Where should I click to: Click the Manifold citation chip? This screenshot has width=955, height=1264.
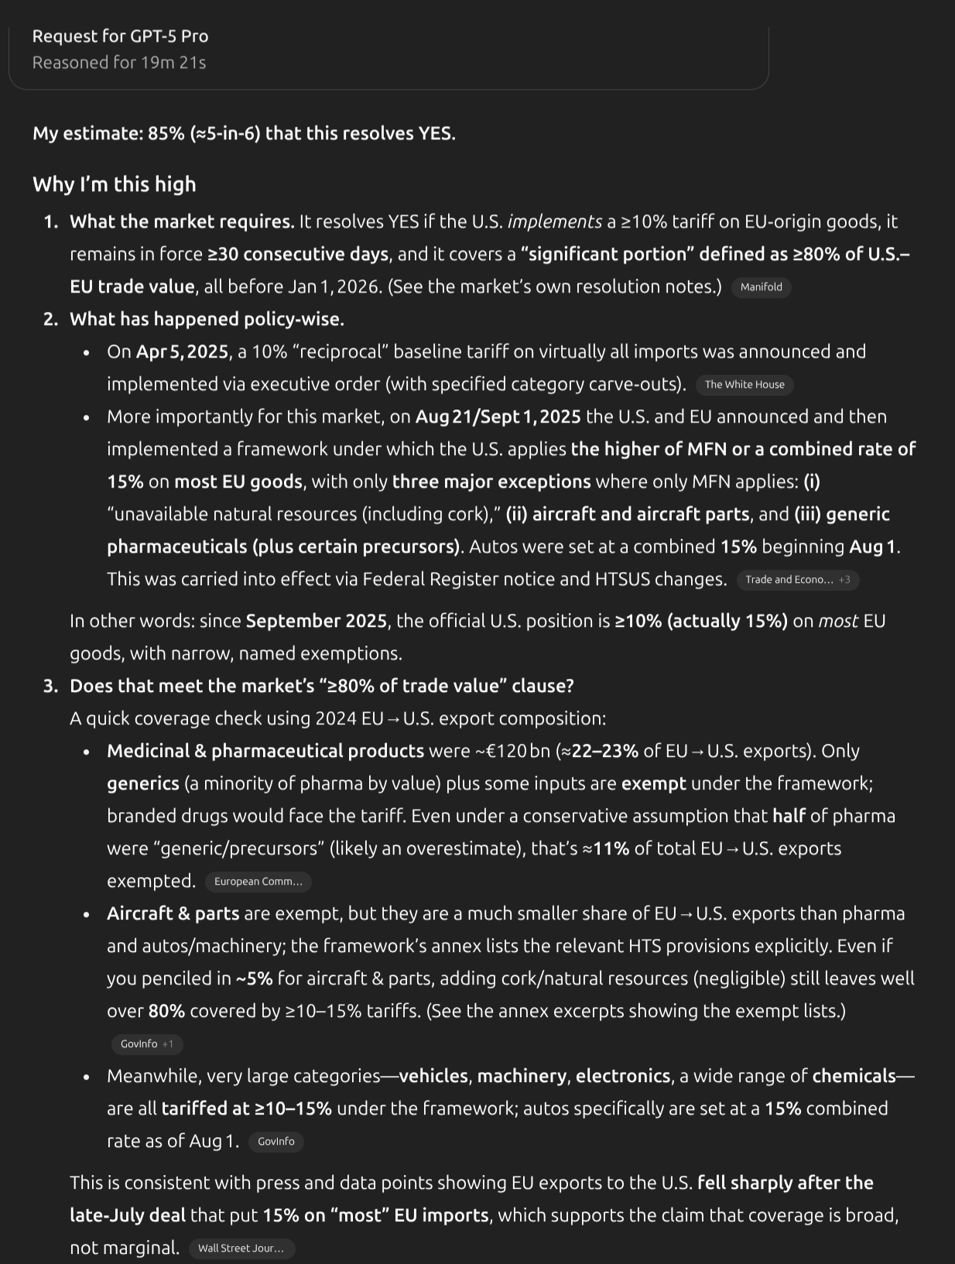pos(761,287)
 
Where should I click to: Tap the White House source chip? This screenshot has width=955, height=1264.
pos(744,385)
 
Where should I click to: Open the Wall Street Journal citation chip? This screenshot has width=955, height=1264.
pos(241,1248)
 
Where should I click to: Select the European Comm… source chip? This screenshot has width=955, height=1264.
pos(258,882)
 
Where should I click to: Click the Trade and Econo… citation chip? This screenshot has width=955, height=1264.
pos(797,580)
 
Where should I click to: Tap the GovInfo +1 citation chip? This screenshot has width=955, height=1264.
pos(147,1044)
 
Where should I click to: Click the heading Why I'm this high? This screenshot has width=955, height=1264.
pos(115,184)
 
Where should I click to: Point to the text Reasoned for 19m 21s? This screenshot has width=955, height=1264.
pos(119,63)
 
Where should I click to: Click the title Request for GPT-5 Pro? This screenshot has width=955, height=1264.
pos(120,36)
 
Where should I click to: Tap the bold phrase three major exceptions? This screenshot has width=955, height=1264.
pos(491,481)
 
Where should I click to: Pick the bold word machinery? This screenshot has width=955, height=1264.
pos(522,1076)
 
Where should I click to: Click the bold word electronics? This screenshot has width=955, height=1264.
pos(623,1076)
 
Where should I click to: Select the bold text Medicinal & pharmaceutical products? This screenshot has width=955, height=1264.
pos(265,751)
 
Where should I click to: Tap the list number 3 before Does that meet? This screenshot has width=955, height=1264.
pos(50,686)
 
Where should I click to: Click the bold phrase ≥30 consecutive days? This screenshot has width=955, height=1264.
pos(297,254)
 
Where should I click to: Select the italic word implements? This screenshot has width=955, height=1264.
pos(554,221)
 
